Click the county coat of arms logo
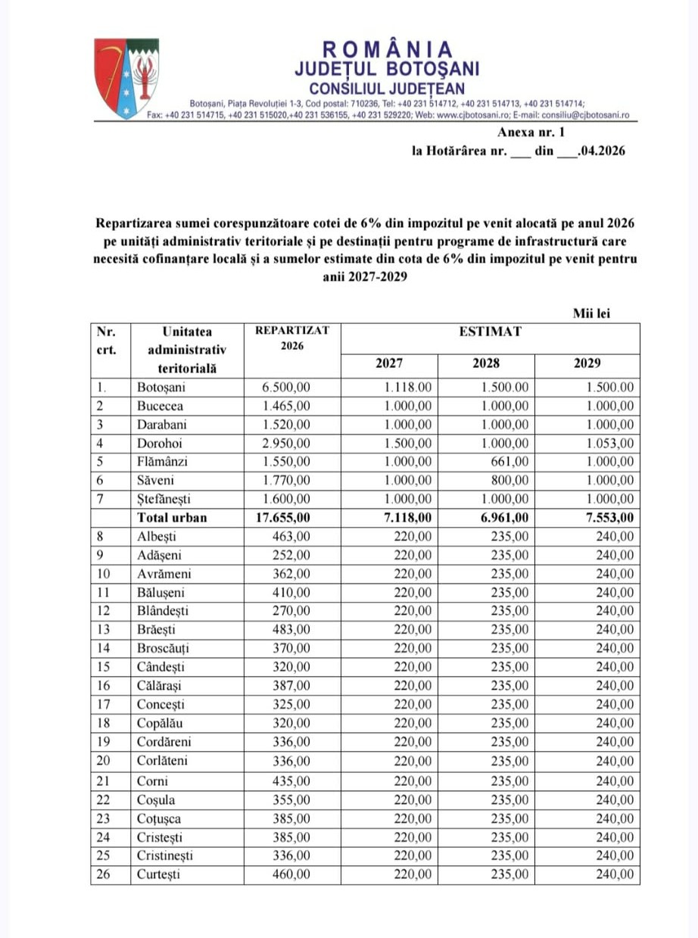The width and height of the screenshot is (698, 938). point(126,79)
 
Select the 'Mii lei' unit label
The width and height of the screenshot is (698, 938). point(592,313)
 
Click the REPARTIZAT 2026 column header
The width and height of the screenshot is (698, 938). point(292,338)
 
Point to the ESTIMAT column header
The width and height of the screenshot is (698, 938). point(490,332)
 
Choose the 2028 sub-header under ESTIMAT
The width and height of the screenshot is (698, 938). point(486,363)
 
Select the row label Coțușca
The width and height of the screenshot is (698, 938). point(159,818)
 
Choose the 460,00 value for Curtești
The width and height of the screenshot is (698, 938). point(291,874)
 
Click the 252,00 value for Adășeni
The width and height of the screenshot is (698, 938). point(291,555)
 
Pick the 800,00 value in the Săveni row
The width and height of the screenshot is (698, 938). point(513,481)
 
